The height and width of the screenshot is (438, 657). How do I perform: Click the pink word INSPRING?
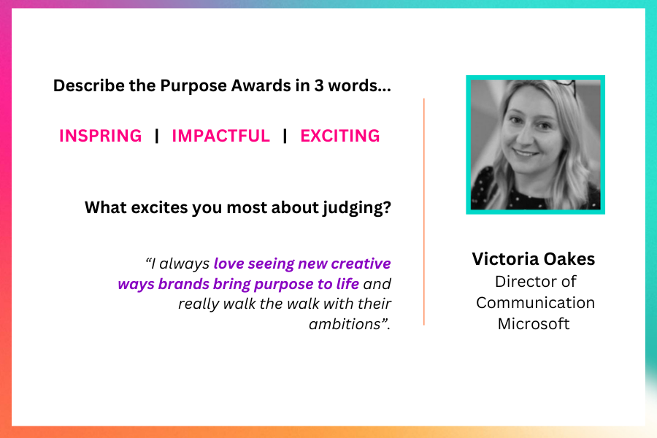coord(101,136)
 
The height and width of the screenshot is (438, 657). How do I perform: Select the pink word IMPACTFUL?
coord(220,136)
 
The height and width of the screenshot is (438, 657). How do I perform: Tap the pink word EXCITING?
coord(339,136)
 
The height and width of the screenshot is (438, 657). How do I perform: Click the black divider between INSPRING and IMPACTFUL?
coord(157,136)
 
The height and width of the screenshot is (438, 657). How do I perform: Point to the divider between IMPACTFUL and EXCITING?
coord(285,136)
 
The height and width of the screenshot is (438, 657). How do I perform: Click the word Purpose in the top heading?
coord(193,86)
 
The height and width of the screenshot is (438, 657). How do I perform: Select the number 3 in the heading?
coord(319,85)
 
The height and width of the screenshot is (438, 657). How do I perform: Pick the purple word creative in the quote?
coord(361,264)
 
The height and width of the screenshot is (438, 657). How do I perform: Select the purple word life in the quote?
coord(347,284)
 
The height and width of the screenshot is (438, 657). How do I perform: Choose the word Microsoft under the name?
coord(534,323)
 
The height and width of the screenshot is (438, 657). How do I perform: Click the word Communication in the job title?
coord(535,303)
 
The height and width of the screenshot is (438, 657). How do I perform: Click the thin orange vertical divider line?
coord(424,212)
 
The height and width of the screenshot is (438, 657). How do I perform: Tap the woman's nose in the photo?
coord(530,138)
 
